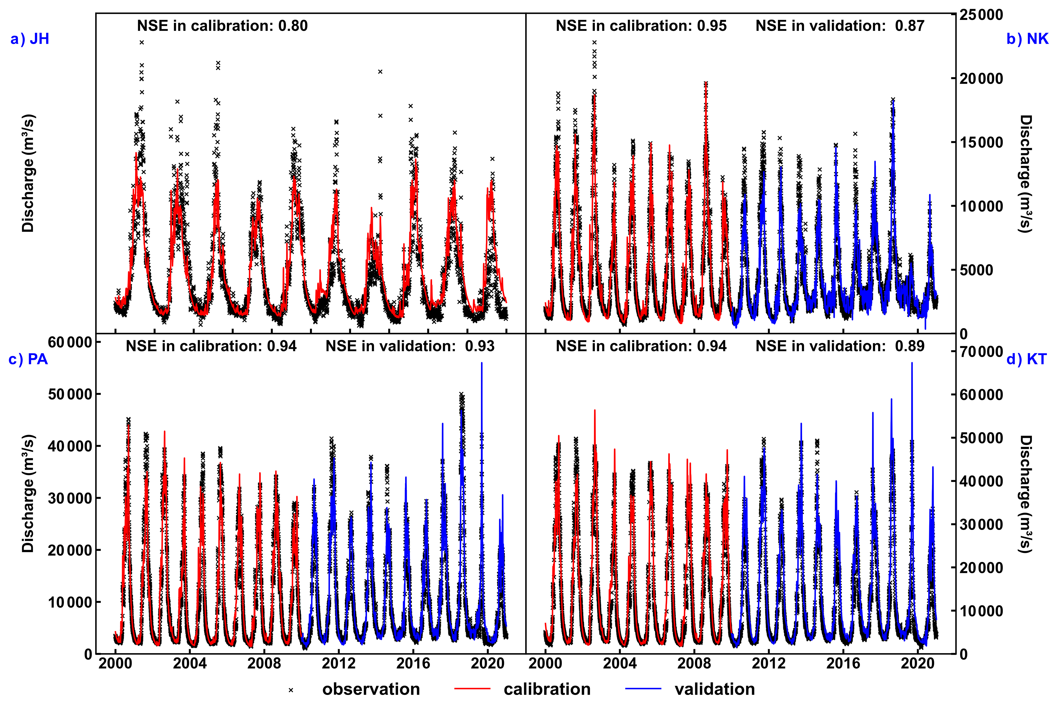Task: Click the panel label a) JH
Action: pos(30,39)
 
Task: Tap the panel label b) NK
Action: pos(1028,39)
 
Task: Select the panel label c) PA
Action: pos(28,360)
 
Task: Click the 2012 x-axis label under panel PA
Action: pos(339,664)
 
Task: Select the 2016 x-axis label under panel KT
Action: pos(843,664)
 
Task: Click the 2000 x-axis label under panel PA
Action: pos(115,664)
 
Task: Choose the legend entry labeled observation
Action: pos(371,689)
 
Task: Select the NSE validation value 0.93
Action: pos(480,346)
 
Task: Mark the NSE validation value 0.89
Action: pos(909,346)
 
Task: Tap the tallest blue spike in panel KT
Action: pos(912,364)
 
